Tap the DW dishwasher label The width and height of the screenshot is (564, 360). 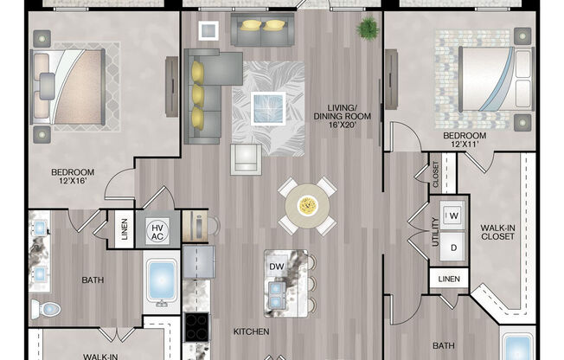(277, 267)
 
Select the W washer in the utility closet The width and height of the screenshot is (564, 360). (452, 215)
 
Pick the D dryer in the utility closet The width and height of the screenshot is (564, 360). (453, 247)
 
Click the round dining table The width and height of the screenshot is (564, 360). (307, 206)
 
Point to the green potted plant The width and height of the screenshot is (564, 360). (368, 28)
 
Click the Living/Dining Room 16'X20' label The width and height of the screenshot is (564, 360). (342, 116)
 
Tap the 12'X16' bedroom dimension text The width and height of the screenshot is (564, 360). (73, 181)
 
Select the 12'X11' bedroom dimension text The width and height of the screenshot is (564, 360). (465, 145)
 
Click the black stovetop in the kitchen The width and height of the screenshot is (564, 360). (196, 327)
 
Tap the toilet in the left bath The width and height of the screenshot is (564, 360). (46, 309)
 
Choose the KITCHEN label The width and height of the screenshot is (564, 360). (251, 331)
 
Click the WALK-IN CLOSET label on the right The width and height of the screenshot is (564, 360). (497, 232)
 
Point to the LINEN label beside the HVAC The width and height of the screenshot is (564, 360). (125, 229)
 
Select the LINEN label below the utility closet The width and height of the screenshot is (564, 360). (449, 279)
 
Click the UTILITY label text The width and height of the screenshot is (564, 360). (436, 232)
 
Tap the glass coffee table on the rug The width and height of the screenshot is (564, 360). (268, 108)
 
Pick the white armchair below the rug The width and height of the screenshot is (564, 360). (246, 159)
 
